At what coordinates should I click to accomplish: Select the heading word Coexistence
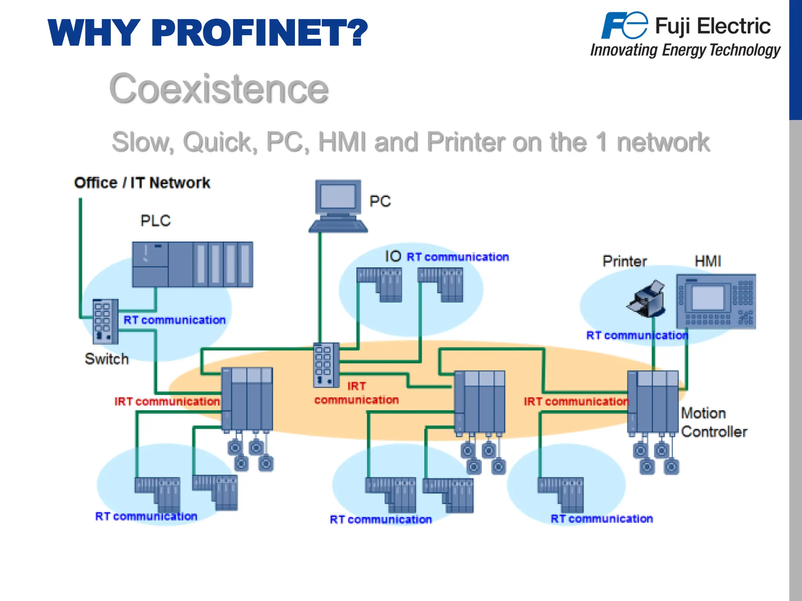pos(219,89)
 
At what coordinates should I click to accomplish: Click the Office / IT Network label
pos(142,183)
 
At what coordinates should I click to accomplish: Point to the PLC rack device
pos(192,265)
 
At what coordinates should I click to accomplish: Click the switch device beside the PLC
pos(105,321)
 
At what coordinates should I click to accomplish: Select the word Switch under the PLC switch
pos(107,359)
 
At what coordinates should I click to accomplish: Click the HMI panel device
pos(716,301)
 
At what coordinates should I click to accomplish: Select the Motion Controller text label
pos(713,423)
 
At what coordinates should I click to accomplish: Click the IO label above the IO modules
pos(393,257)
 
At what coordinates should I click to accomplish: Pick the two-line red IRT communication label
pos(356,393)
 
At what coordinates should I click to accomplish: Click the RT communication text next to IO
pos(457,257)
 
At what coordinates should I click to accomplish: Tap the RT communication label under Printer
pos(637,335)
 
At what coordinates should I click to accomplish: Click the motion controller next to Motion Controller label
pos(653,402)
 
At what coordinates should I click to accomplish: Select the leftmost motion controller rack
pos(247,399)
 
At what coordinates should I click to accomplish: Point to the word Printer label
pos(624,261)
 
